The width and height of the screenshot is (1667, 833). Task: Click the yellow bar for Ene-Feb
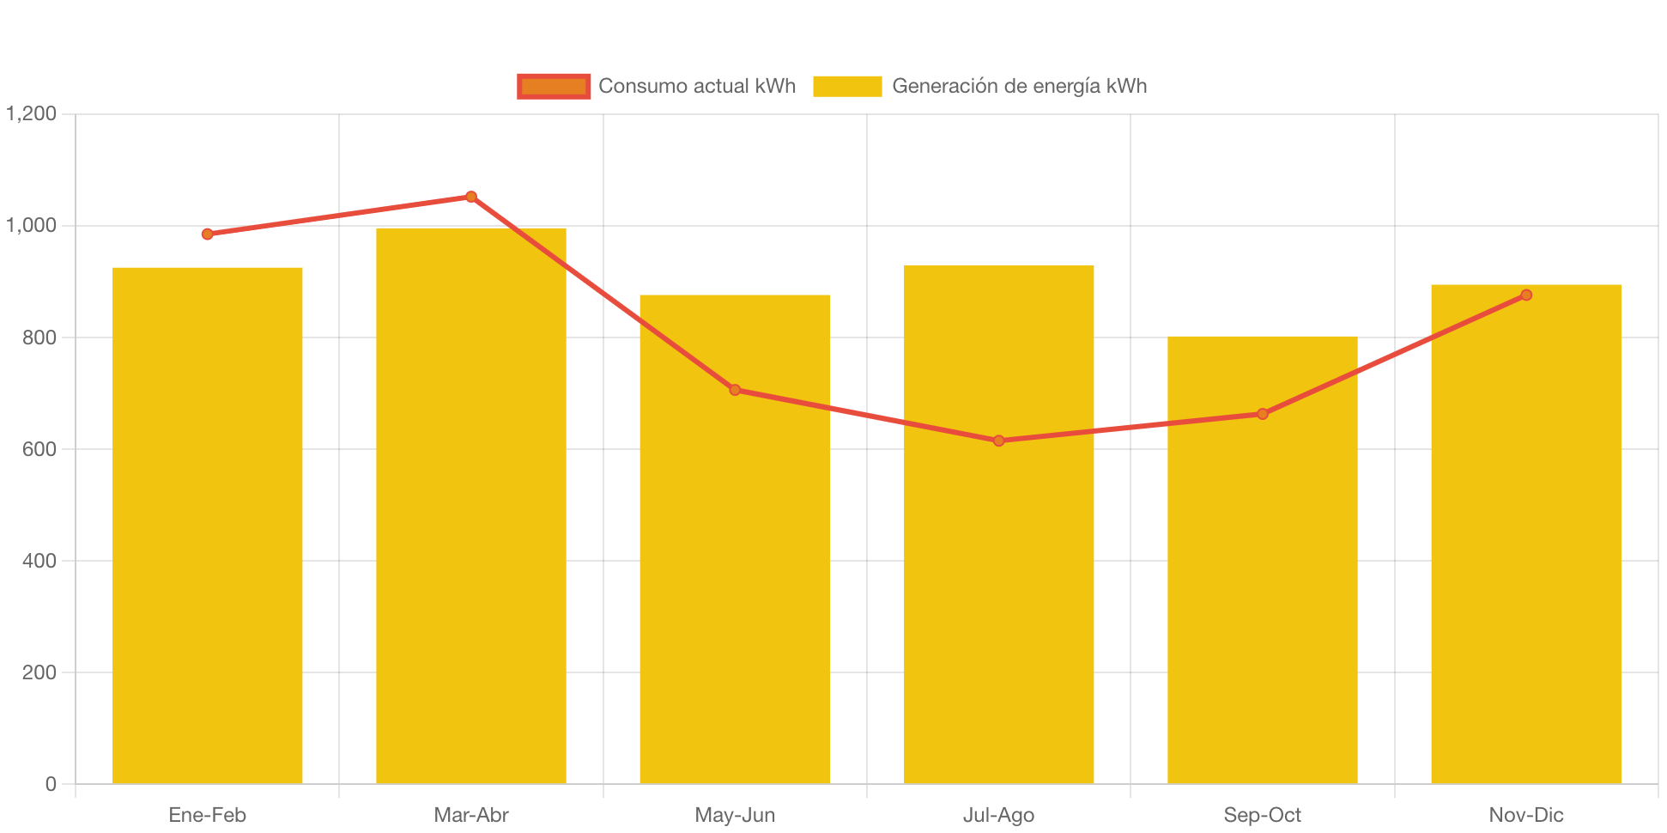pos(207,525)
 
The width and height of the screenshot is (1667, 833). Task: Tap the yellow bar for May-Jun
pos(734,538)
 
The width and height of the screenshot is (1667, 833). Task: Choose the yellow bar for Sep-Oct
pos(1262,559)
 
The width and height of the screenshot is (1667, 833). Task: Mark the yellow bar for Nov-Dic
pos(1525,533)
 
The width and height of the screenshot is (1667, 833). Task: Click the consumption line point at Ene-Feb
pos(207,234)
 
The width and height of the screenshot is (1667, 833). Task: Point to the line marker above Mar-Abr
pos(471,197)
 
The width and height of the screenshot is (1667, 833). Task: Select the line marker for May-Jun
pos(735,390)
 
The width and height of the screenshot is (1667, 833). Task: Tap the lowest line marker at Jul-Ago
pos(998,441)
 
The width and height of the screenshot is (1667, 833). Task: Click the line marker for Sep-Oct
pos(1262,414)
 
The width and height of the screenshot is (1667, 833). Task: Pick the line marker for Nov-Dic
pos(1525,295)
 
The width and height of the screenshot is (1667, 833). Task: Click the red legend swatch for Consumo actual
pos(554,86)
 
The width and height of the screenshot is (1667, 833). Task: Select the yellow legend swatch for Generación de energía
pos(847,86)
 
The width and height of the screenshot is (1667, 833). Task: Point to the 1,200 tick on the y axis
pos(32,113)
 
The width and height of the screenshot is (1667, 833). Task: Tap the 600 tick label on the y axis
pos(39,449)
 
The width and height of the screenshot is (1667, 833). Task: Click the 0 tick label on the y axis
pos(51,784)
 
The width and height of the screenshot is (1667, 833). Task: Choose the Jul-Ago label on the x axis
pos(998,815)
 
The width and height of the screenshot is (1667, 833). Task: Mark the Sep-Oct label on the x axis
pos(1262,815)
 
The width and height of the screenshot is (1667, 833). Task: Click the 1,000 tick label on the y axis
pos(32,225)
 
